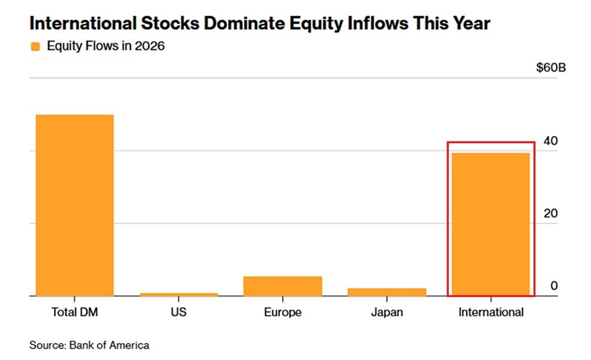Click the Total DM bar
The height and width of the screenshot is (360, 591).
click(x=75, y=205)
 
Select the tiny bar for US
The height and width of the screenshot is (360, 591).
click(x=178, y=294)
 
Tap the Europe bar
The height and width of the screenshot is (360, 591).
click(x=283, y=286)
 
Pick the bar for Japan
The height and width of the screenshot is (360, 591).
click(x=387, y=292)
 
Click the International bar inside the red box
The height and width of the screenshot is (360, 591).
click(x=491, y=224)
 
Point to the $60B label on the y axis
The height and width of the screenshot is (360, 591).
click(x=551, y=68)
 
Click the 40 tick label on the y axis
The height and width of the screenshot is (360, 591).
click(x=550, y=141)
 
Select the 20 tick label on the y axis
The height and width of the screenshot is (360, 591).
click(x=550, y=213)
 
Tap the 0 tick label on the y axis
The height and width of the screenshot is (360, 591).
click(x=554, y=286)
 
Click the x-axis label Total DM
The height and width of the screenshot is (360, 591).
click(x=75, y=312)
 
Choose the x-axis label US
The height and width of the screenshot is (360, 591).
click(x=178, y=312)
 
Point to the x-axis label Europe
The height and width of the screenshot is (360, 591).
click(x=283, y=312)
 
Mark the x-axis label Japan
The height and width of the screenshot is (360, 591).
click(x=387, y=312)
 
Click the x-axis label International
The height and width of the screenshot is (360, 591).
click(x=491, y=312)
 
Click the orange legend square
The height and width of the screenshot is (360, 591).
click(x=35, y=46)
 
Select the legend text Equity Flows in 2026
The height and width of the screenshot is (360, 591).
click(x=106, y=46)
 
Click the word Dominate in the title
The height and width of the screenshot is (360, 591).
click(x=245, y=23)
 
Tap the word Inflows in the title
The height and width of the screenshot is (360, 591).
click(x=377, y=23)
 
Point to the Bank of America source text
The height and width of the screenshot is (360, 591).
click(x=109, y=345)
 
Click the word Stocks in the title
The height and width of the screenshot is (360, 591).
click(x=170, y=23)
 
